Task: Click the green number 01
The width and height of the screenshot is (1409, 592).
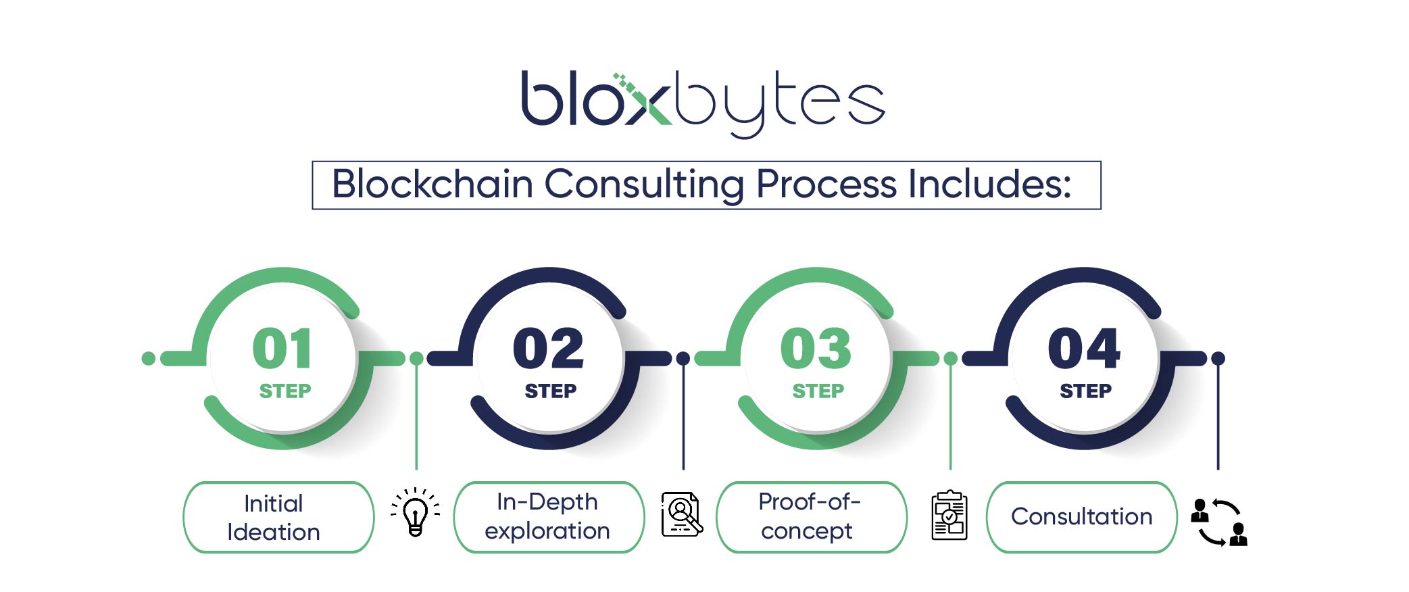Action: click(282, 349)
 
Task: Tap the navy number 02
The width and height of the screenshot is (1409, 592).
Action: click(548, 349)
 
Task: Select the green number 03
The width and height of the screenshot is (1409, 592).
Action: click(816, 349)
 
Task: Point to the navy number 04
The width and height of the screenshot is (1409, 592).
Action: click(1084, 349)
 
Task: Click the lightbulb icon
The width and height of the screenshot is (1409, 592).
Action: click(415, 512)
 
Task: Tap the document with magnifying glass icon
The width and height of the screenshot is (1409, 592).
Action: click(682, 514)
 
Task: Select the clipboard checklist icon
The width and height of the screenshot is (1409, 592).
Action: click(949, 515)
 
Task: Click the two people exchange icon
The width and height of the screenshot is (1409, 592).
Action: click(1219, 522)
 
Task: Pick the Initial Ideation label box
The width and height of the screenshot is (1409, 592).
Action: click(278, 517)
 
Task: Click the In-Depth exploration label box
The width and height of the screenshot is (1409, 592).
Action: click(549, 517)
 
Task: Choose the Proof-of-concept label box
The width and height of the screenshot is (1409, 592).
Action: click(811, 517)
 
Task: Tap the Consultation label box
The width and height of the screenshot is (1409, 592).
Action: click(1081, 517)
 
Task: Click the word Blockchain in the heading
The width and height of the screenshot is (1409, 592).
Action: click(432, 184)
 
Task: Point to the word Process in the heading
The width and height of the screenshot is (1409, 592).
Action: click(826, 184)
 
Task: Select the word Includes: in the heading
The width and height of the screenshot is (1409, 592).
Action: click(990, 184)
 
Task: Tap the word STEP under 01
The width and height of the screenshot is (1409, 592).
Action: click(285, 391)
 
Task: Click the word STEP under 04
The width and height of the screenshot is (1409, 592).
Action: click(1085, 391)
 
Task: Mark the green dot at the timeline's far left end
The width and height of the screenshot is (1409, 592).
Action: click(149, 358)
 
